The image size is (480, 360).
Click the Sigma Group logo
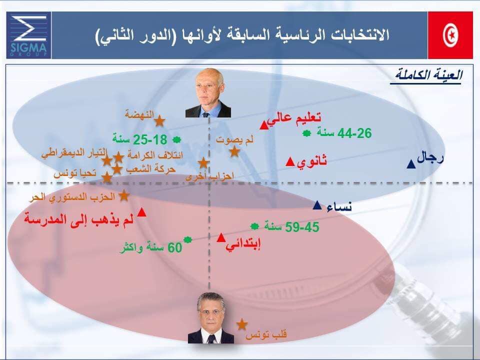[28, 35]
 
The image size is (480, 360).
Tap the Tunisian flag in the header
[450, 35]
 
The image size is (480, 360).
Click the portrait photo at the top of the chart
[208, 93]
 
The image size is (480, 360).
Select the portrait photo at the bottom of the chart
[211, 318]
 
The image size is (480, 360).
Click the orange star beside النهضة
[159, 121]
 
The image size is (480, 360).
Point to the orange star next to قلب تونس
[242, 324]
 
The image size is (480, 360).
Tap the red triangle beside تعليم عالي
[264, 125]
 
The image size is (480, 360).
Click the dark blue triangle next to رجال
[411, 164]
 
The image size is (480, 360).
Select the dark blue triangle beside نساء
[317, 205]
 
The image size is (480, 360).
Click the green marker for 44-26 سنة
[306, 133]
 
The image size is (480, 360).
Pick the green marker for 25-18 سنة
[176, 140]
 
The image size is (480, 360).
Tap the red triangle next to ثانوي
[290, 161]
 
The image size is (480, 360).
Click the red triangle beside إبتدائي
[221, 237]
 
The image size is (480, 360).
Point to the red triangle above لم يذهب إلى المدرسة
[141, 212]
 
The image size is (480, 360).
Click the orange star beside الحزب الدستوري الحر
[123, 195]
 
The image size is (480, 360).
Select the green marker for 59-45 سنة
[254, 226]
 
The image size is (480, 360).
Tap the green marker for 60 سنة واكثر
[187, 239]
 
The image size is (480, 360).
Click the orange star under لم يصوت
[234, 151]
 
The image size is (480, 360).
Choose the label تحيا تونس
[75, 173]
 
